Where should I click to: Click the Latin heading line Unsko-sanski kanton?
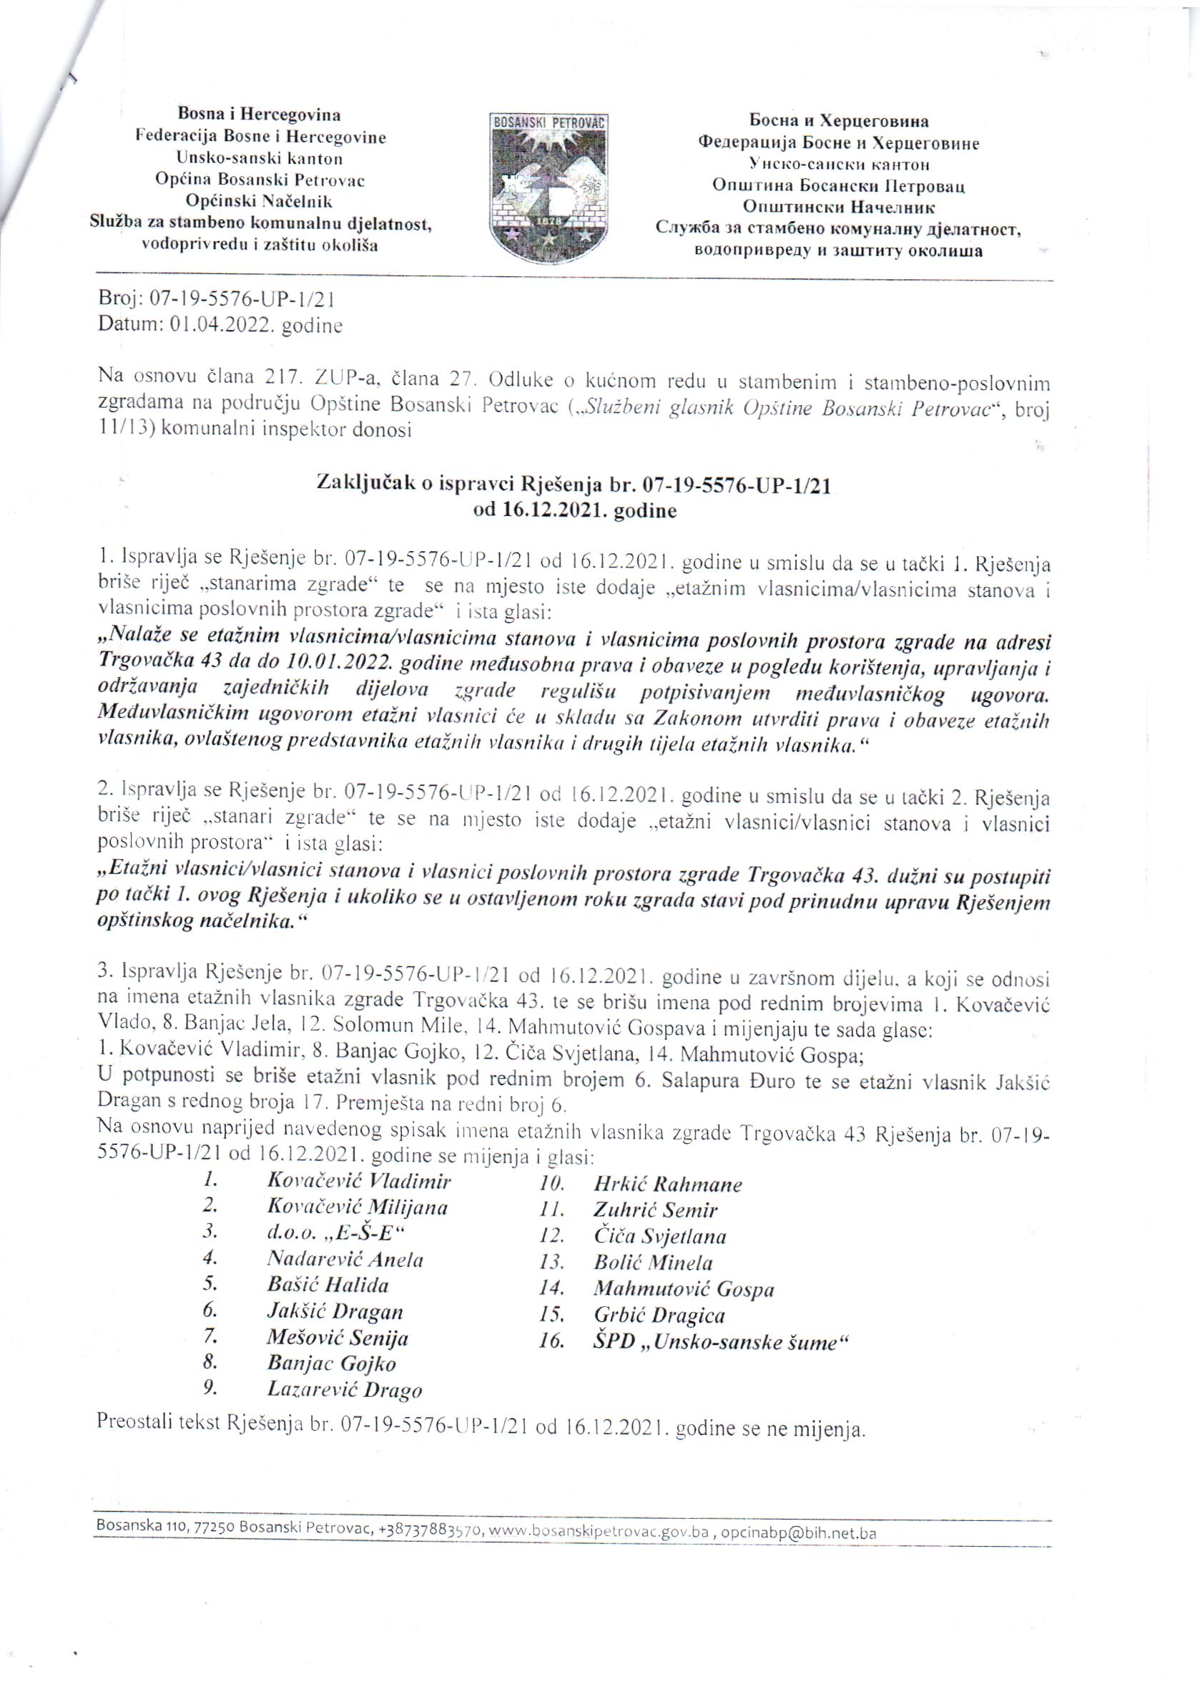pyautogui.click(x=260, y=158)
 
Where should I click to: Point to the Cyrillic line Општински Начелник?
pyautogui.click(x=839, y=208)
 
